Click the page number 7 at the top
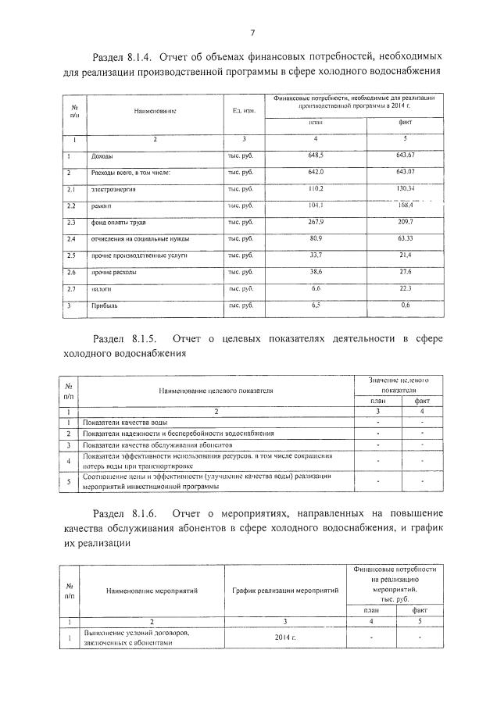pyautogui.click(x=252, y=32)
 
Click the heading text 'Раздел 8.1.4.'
pyautogui.click(x=124, y=57)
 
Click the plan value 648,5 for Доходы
pyautogui.click(x=316, y=156)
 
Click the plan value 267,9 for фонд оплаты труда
pyautogui.click(x=316, y=222)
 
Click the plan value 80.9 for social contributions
pyautogui.click(x=316, y=238)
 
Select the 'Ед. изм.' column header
pyautogui.click(x=244, y=111)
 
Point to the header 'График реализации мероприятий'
pyautogui.click(x=284, y=591)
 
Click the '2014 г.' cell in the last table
pyautogui.click(x=284, y=637)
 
